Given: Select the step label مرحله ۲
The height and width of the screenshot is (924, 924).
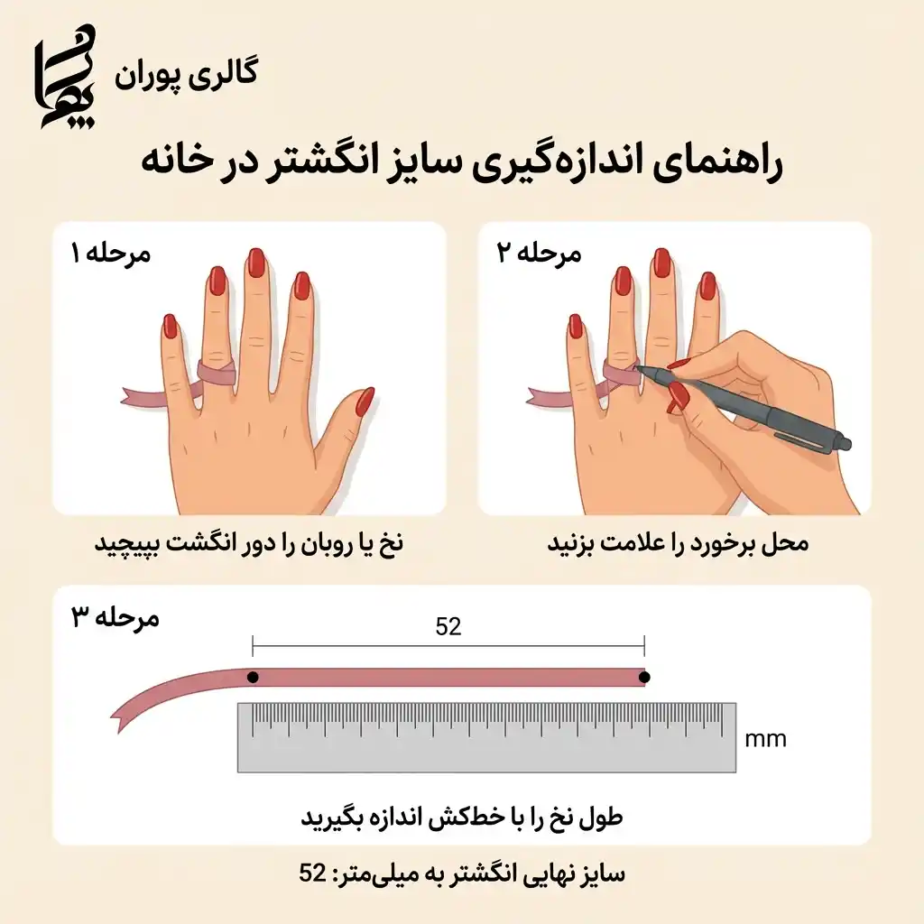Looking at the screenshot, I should pos(541,253).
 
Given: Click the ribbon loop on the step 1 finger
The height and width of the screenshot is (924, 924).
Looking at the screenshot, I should pos(217,370).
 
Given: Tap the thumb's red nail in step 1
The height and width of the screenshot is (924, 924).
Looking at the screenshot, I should pos(365,401).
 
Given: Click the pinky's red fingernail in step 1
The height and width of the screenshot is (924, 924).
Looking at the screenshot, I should pos(170,325).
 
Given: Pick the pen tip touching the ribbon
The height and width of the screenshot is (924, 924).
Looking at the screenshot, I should pos(638,367).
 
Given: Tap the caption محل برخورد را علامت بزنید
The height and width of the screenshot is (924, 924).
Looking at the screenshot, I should pos(678,543).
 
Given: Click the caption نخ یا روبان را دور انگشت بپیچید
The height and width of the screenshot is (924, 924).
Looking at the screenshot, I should pos(248,543).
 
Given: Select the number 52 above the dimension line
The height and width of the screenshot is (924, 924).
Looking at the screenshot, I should pos(448,626).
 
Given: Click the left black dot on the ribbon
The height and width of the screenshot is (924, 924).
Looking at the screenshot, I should pos(254,677).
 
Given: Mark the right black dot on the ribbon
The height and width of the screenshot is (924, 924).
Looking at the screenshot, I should pos(644,677).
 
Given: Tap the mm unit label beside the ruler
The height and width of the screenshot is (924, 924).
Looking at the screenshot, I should pos(765,740).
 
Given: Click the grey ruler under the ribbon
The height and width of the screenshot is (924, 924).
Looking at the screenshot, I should pos(486,738).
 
